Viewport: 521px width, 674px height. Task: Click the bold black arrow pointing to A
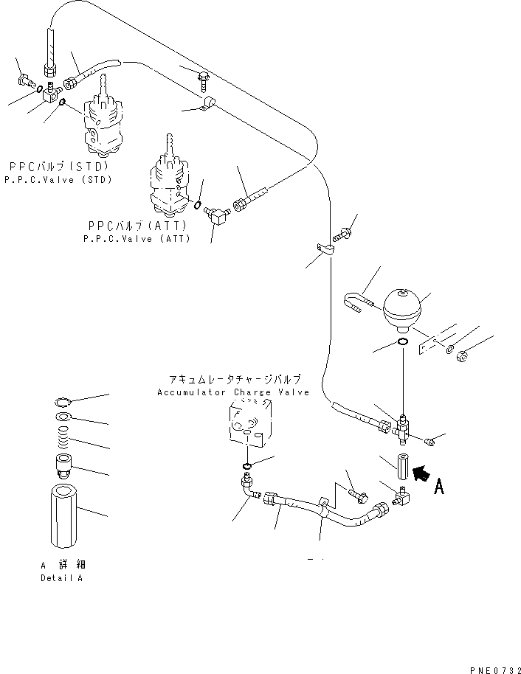click(x=421, y=473)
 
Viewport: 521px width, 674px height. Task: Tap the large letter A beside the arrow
click(x=439, y=487)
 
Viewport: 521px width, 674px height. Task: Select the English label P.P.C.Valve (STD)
click(x=58, y=180)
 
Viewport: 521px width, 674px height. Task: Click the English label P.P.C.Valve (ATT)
click(x=137, y=239)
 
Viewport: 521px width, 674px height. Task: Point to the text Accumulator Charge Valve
click(x=233, y=392)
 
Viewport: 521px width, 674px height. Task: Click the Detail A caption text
click(x=61, y=578)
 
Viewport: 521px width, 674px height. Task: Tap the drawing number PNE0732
click(x=494, y=670)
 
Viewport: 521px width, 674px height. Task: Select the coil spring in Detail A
click(x=63, y=437)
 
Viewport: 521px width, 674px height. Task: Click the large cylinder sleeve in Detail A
click(x=63, y=515)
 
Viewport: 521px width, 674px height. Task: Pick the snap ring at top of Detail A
click(x=63, y=403)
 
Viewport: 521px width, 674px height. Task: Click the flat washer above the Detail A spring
click(x=63, y=416)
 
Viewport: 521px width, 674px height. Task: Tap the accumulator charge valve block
click(x=250, y=420)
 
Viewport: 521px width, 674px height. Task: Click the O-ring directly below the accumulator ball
click(x=403, y=342)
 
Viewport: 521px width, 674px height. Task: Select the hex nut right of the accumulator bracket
click(x=463, y=356)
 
